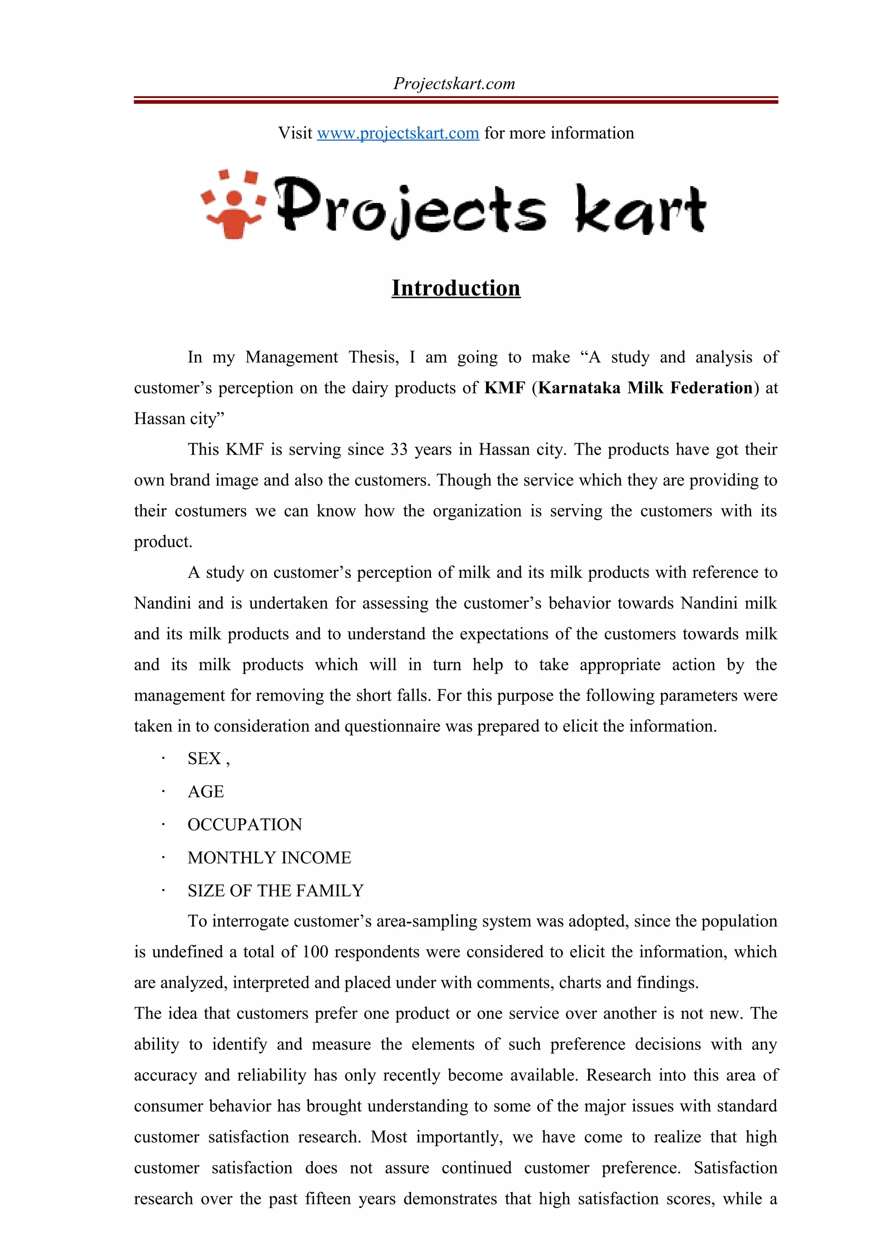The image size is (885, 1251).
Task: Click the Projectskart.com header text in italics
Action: (x=454, y=83)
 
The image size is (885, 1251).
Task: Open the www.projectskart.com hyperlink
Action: (x=398, y=133)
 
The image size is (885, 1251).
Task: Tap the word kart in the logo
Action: (x=640, y=210)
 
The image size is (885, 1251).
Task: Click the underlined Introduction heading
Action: (x=456, y=287)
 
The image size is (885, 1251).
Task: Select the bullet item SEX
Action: (x=204, y=758)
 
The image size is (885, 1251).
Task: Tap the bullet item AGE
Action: (x=206, y=791)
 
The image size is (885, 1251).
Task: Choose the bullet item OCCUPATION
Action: (x=244, y=825)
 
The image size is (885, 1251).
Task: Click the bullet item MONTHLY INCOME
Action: (x=269, y=858)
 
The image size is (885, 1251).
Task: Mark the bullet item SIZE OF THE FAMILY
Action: (x=275, y=890)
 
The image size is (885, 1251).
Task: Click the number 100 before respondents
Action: (x=315, y=952)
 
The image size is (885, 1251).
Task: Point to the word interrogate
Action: (x=250, y=921)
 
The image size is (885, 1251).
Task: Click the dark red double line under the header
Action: (x=456, y=100)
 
